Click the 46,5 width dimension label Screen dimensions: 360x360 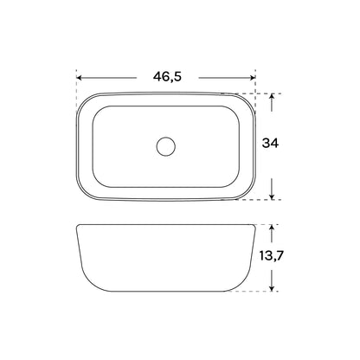[167, 77]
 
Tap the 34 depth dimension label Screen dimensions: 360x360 [270, 143]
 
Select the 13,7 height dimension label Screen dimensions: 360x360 [272, 256]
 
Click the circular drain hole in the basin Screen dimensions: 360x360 [166, 146]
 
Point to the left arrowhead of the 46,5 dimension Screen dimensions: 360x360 [79, 78]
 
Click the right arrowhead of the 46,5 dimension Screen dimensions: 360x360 [253, 78]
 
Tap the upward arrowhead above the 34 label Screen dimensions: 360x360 [272, 96]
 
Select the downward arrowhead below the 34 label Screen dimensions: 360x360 [272, 196]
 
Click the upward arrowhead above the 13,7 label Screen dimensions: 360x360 [272, 228]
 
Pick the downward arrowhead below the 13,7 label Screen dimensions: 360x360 [272, 288]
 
